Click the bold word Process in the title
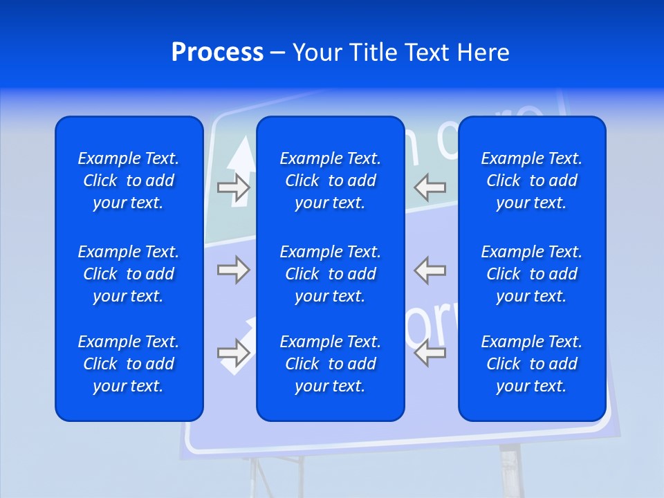coord(217,53)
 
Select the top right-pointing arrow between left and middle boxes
coord(233,187)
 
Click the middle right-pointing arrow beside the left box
coord(233,270)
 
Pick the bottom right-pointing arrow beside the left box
coord(233,353)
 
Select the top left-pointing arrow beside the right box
coord(430,187)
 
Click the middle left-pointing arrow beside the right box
coord(430,270)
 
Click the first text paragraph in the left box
coord(129,181)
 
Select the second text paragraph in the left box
coord(129,274)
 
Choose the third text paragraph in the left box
coord(129,364)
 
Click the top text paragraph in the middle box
coord(330,181)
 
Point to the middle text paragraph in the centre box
coord(330,274)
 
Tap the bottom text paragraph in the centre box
coord(330,364)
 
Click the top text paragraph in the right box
coord(531,181)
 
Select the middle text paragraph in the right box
coord(531,274)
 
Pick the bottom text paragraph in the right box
coord(531,364)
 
